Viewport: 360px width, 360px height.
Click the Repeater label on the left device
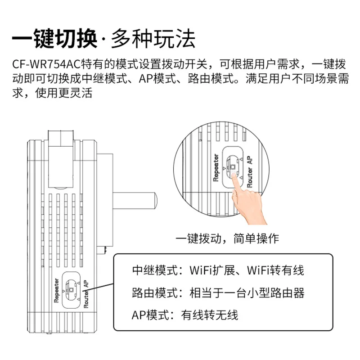pyautogui.click(x=57, y=292)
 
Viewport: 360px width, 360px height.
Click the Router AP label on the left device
pyautogui.click(x=86, y=293)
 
